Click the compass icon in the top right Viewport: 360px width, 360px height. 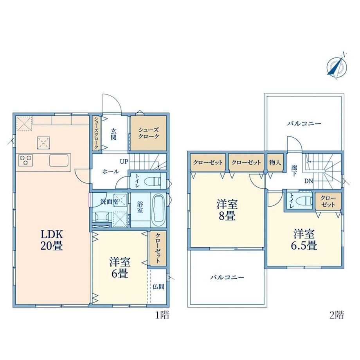coord(337,66)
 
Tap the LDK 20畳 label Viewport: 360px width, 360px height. coord(52,240)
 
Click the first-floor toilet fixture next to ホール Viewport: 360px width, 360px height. coord(153,182)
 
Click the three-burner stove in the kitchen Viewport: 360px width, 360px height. coord(26,160)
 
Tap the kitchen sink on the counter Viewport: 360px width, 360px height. coord(59,160)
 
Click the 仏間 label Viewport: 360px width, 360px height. coord(158,286)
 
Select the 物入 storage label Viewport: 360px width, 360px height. coord(275,162)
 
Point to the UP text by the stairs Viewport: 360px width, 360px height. coord(124,162)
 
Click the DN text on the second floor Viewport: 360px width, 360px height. coord(309,181)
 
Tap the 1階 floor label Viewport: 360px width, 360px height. coord(162,315)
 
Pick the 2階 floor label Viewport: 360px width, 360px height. coord(337,315)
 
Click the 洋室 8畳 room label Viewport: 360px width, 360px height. coord(227,210)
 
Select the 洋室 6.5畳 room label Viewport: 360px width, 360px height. coord(304,240)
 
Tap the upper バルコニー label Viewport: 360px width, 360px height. coord(304,124)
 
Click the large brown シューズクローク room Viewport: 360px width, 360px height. coord(148,133)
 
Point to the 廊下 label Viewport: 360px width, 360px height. coord(294,171)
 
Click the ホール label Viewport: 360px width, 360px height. coord(110,171)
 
